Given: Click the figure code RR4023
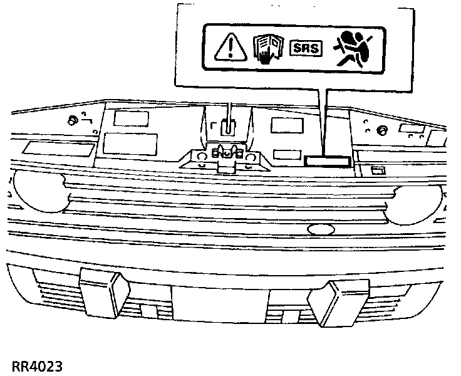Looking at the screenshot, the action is (x=36, y=365).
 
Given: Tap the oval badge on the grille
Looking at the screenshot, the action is (x=323, y=229).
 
